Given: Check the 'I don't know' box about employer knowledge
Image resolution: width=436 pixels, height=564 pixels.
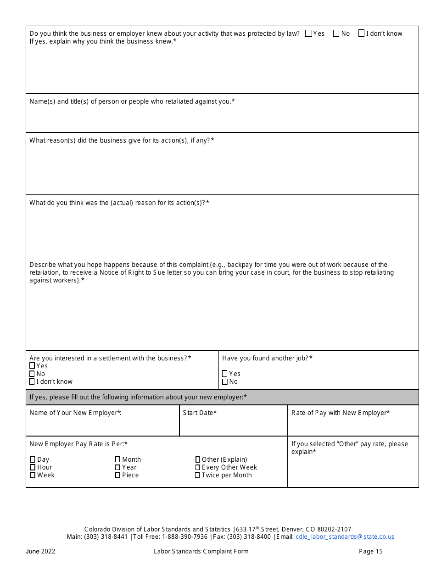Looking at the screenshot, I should [362, 33].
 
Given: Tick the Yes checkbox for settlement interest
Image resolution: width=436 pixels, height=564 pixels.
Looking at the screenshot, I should [32, 366].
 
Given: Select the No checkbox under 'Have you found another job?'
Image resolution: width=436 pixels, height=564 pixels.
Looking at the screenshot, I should [225, 382].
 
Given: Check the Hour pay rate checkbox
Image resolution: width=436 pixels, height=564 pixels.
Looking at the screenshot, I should [33, 467].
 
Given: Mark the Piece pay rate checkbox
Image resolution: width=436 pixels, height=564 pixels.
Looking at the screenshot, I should [118, 475].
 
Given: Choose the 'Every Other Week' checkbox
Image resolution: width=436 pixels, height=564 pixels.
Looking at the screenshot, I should [198, 467].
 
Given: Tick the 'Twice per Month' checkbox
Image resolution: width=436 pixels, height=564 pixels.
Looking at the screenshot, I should [198, 475].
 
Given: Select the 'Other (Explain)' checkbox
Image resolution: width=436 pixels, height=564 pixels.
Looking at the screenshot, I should [198, 459].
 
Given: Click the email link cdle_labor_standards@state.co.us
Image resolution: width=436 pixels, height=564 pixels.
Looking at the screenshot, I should [345, 536].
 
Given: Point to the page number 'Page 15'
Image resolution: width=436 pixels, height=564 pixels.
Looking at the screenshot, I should [371, 551].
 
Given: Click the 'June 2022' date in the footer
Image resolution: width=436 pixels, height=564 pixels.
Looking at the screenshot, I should [40, 551].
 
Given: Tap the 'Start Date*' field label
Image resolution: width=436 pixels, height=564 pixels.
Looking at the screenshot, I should [200, 413].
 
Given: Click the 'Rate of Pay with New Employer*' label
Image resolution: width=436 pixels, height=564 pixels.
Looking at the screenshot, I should [341, 413].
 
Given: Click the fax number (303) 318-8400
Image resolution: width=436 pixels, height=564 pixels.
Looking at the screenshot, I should [249, 536].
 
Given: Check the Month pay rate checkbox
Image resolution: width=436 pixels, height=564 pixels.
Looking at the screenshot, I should [118, 459].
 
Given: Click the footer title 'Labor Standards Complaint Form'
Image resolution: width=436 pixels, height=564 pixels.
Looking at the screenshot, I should [201, 551].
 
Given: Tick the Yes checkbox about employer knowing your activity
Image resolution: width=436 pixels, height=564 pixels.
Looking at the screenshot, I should [308, 33].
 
